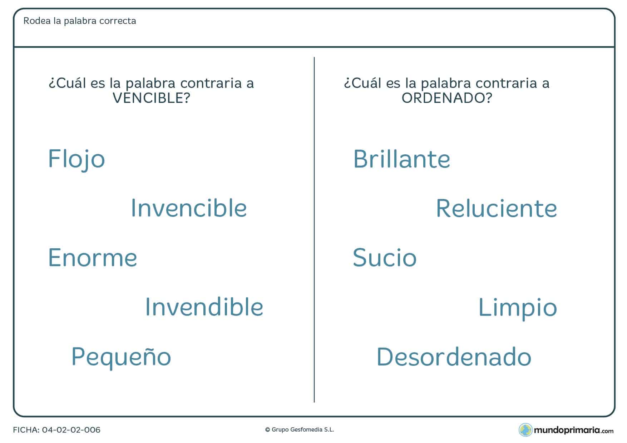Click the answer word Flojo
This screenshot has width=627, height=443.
coord(76,159)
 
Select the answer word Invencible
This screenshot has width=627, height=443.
coord(189,208)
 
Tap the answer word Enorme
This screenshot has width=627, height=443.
coord(93,258)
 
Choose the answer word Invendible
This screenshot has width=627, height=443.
coord(204,307)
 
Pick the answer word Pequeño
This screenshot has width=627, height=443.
coord(121,357)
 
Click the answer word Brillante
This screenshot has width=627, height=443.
coord(401,159)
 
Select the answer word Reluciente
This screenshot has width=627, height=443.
coord(496,208)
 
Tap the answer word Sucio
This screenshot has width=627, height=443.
coord(385,258)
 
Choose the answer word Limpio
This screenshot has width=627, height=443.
coord(517,308)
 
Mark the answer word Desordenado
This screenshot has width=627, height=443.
coord(454,357)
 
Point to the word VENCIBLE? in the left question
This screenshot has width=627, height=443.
coord(151,98)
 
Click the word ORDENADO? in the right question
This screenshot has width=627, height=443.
coord(447,98)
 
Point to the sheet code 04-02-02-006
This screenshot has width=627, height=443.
coord(71,430)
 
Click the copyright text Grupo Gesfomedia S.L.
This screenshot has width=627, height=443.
coord(302,430)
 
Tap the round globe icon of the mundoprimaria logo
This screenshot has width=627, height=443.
coord(525,430)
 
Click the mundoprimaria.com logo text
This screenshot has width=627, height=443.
coord(574,430)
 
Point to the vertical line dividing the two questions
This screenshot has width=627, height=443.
coord(314,229)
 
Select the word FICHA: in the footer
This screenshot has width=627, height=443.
coord(26,430)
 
